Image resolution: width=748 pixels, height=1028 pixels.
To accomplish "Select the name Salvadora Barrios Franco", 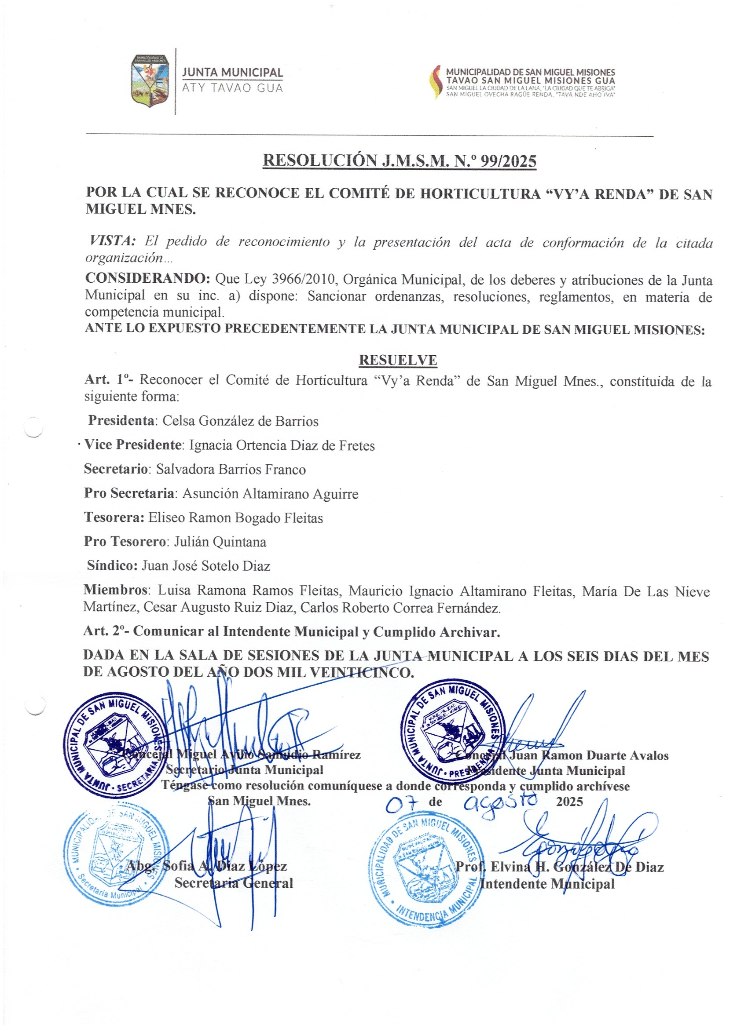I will point(231,469).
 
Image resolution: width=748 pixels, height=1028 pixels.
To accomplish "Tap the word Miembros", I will point(116,590).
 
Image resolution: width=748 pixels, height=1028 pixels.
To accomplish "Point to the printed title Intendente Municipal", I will point(547,883).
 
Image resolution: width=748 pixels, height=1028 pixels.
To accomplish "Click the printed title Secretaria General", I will point(234,882).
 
